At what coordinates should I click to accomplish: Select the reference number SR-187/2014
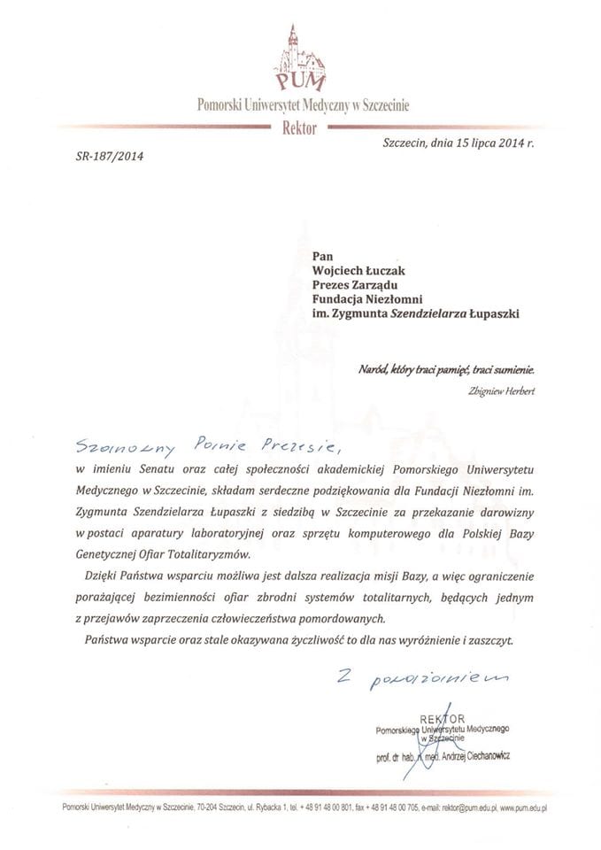tap(104, 157)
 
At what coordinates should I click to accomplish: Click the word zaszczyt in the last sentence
tap(488, 639)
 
